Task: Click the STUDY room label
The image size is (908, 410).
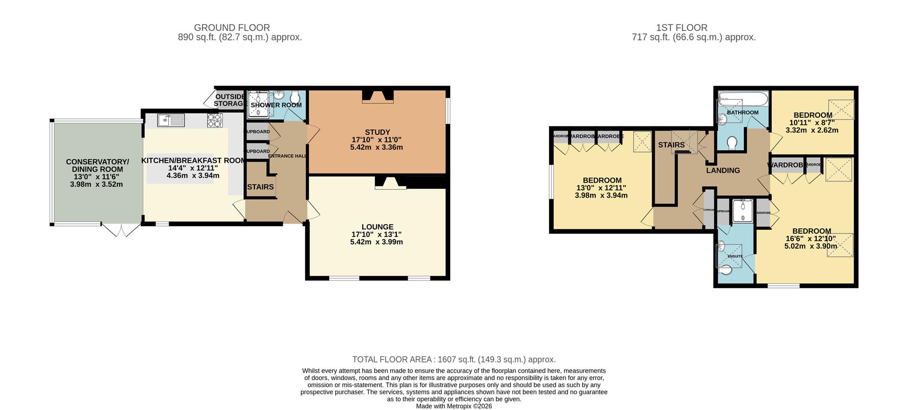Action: click(x=377, y=132)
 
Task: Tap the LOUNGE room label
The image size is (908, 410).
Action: click(x=377, y=227)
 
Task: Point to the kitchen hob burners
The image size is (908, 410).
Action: click(x=214, y=121)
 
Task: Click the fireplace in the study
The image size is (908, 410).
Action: click(x=377, y=97)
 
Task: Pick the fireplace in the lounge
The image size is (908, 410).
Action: click(x=390, y=183)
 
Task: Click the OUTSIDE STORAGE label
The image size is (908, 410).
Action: click(x=230, y=100)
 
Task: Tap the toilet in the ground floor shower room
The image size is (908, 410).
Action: click(x=296, y=96)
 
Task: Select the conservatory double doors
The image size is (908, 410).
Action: click(x=121, y=230)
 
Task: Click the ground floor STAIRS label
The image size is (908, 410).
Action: click(x=260, y=187)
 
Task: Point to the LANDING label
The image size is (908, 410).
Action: click(x=723, y=171)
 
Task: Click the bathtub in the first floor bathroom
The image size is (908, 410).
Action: click(x=742, y=100)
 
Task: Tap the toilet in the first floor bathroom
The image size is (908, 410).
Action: click(x=733, y=142)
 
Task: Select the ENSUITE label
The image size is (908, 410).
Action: click(x=735, y=256)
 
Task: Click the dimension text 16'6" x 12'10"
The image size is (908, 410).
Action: click(x=811, y=239)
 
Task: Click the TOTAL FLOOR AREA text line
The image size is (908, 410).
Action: click(x=454, y=359)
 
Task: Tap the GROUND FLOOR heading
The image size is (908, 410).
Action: click(x=232, y=28)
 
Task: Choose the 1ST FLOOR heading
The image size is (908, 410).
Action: click(x=681, y=28)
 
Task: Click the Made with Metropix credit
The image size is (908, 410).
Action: click(x=454, y=406)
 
